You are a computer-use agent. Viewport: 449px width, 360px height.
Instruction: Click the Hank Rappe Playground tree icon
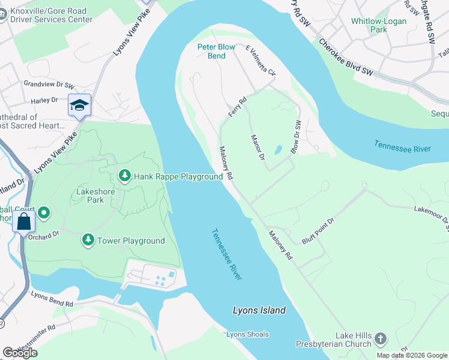tap(124, 176)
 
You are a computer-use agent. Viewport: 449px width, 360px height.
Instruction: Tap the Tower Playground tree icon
tap(88, 240)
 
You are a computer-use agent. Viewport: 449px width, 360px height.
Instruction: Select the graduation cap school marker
tap(79, 106)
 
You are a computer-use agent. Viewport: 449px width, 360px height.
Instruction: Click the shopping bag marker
tap(23, 221)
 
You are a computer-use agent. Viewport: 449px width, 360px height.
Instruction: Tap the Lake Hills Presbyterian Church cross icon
tap(380, 340)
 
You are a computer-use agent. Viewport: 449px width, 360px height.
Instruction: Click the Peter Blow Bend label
tap(212, 52)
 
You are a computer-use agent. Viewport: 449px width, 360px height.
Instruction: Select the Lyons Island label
tap(259, 310)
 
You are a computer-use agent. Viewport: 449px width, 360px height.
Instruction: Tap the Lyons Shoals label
tap(247, 334)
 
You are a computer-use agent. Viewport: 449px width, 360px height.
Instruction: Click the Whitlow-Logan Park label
tap(378, 25)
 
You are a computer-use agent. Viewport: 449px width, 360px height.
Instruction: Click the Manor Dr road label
tap(258, 148)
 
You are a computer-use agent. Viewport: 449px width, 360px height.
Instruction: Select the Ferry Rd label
tap(237, 107)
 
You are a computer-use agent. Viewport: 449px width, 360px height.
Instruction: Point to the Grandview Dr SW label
tap(49, 85)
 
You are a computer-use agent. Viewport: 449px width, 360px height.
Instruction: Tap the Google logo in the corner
tap(20, 353)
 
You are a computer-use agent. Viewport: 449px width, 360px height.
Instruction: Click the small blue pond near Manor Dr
tap(278, 149)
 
